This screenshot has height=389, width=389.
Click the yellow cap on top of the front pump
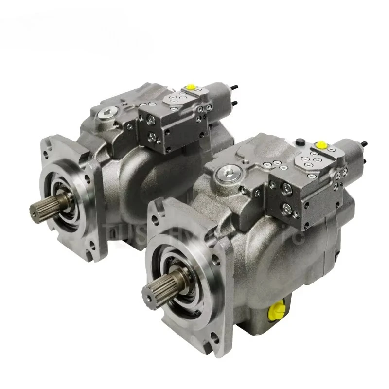click(x=321, y=144)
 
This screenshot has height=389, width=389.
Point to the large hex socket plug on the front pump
click(x=225, y=172)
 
